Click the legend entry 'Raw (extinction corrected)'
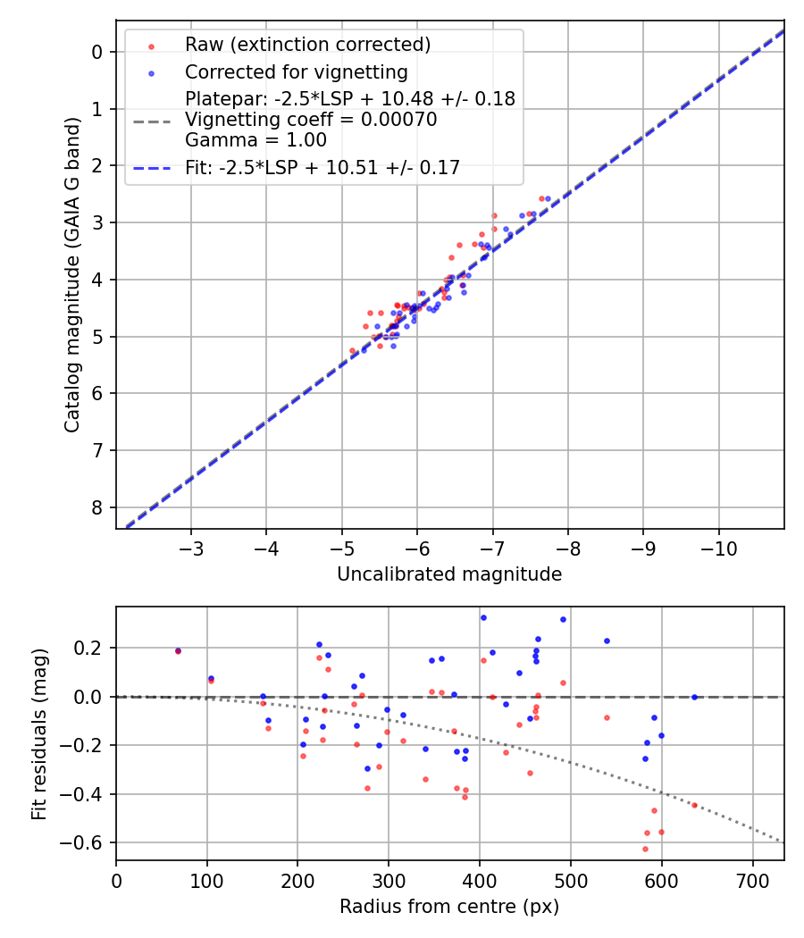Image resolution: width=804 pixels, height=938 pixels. pos(307,45)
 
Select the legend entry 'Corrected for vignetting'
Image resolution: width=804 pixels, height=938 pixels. pos(296,72)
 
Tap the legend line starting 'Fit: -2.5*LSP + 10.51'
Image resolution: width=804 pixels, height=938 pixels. pos(322,167)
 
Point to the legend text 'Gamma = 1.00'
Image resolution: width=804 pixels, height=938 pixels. pos(255,140)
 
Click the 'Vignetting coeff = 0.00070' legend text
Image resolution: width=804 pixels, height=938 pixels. pos(311,120)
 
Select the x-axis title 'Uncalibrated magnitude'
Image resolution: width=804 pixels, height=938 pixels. pos(449,574)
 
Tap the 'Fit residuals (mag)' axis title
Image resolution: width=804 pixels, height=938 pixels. pos(38,733)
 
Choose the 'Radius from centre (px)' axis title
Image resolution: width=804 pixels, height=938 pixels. pos(449,907)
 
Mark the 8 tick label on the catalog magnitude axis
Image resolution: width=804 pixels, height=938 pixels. pos(98,507)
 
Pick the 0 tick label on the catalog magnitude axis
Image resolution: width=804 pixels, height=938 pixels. pos(98,52)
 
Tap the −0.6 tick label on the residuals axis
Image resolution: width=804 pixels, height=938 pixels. pos(88,843)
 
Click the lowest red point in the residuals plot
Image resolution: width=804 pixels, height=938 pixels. pos(645,849)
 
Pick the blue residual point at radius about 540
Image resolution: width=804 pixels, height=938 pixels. pos(607,641)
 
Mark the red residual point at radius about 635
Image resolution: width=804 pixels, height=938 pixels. pos(694,805)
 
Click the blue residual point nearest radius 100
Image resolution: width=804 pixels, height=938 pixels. pos(211,678)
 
